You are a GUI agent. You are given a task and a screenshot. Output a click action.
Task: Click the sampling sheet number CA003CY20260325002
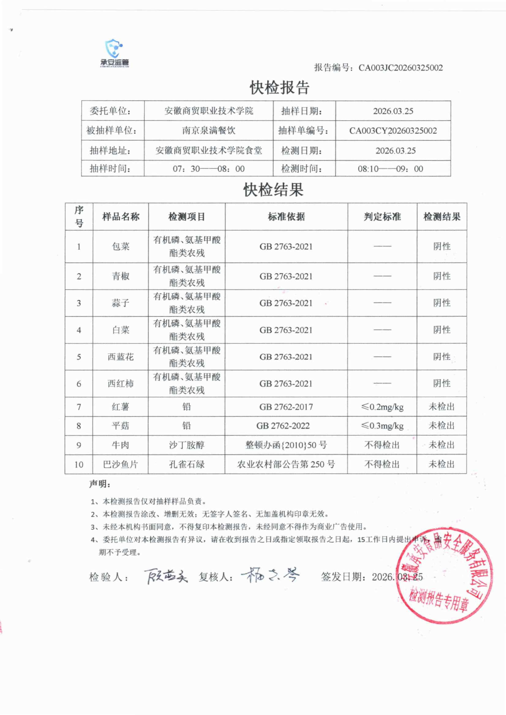pos(393,131)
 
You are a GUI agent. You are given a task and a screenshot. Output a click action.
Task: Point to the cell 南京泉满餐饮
pos(208,131)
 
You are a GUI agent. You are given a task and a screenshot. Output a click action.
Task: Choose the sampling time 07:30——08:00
pos(208,169)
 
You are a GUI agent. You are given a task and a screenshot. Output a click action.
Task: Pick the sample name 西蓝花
pos(121,357)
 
